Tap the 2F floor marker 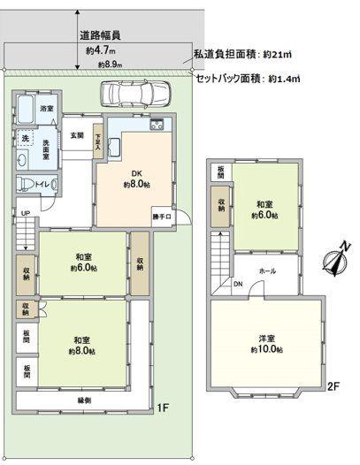click(333, 385)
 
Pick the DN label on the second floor click(237, 284)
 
